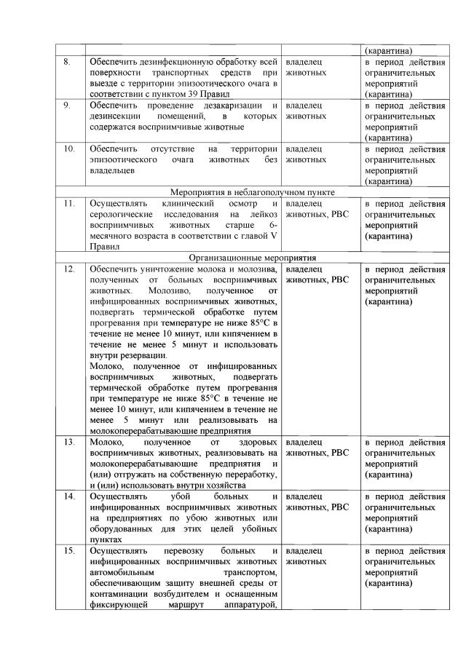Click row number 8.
pyautogui.click(x=66, y=63)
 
